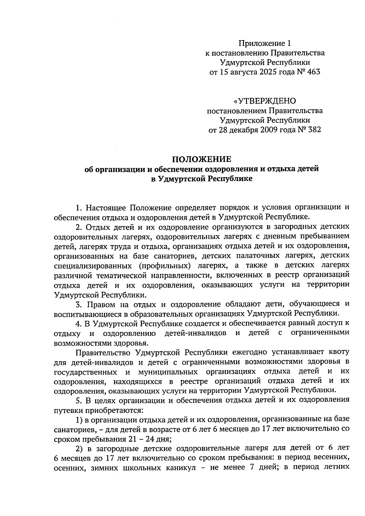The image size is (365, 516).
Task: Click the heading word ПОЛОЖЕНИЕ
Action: pyautogui.click(x=202, y=159)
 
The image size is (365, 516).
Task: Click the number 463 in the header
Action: pyautogui.click(x=314, y=72)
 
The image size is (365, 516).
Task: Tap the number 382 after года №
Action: pyautogui.click(x=314, y=130)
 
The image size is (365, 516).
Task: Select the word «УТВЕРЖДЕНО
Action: pyautogui.click(x=264, y=101)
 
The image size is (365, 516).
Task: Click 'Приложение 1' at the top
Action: pyautogui.click(x=262, y=43)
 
